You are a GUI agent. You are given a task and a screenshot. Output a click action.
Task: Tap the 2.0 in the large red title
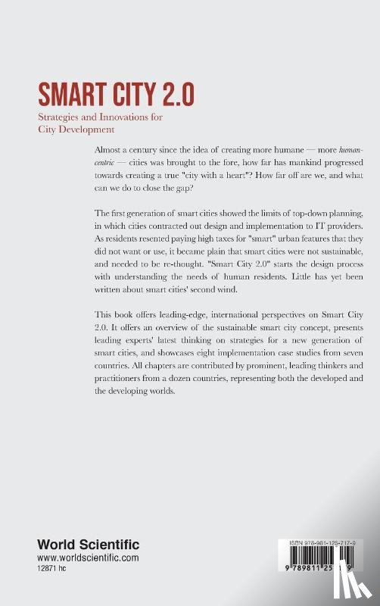point(177,95)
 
